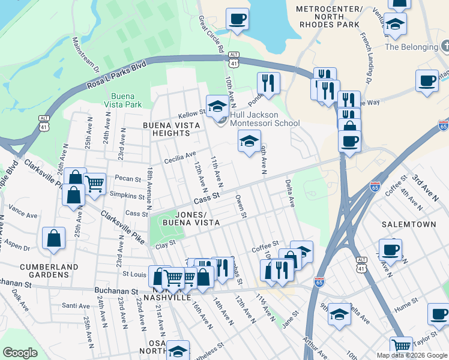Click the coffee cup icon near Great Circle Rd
(237, 18)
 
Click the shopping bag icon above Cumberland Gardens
(53, 238)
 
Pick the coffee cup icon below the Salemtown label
(390, 248)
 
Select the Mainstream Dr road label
(84, 55)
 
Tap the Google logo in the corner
(20, 353)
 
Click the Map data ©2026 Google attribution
(412, 355)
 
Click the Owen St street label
(241, 205)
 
